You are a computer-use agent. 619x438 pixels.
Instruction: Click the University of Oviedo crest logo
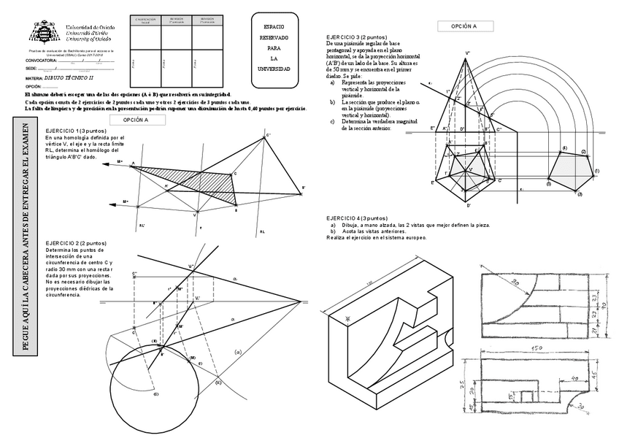tap(42, 31)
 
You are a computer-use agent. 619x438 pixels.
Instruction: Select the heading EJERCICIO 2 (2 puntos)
tap(76, 242)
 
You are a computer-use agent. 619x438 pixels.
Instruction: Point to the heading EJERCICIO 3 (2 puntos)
tap(355, 36)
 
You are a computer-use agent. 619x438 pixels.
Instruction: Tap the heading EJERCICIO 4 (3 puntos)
tap(357, 218)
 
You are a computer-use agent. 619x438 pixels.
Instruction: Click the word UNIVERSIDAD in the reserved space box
tap(274, 69)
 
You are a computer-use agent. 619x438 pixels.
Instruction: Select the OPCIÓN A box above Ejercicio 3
tap(464, 26)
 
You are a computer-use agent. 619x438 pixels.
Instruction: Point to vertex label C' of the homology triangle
tap(269, 135)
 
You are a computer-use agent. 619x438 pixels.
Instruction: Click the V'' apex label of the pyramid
tap(467, 53)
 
